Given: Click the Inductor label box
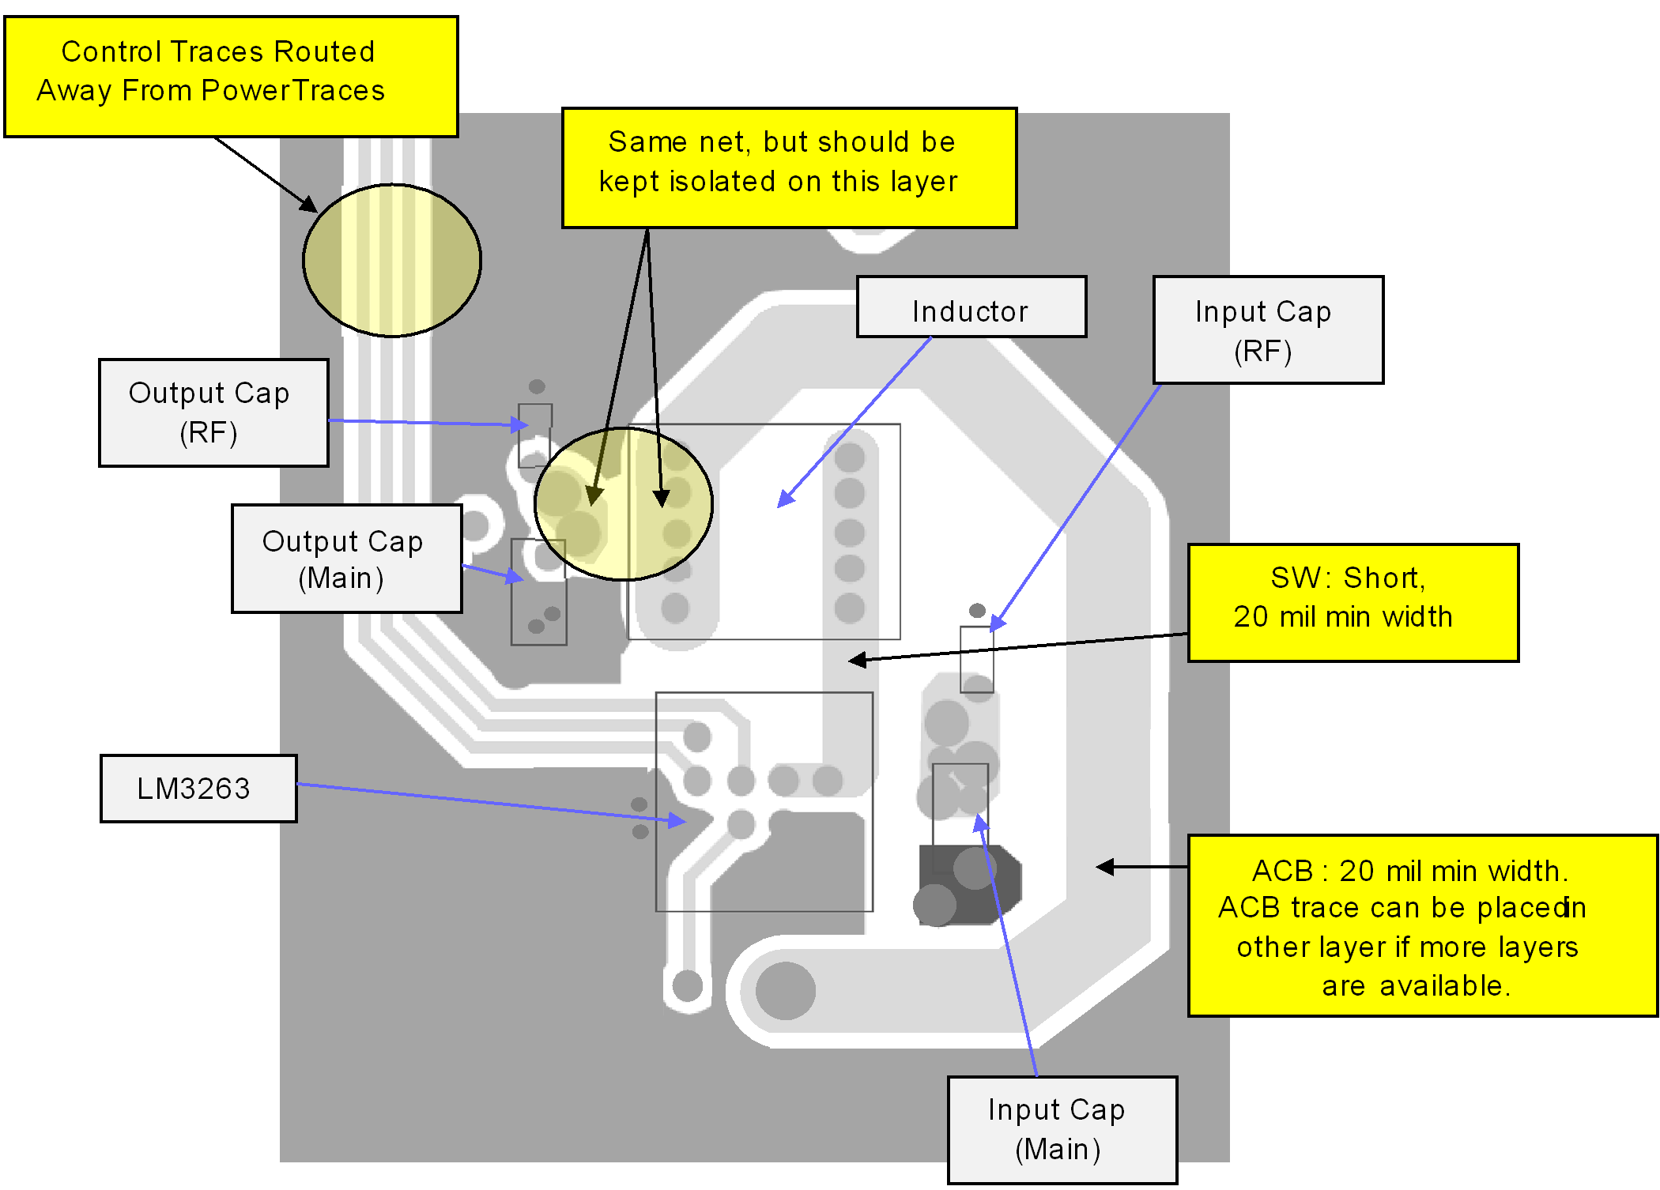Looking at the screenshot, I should coord(971,307).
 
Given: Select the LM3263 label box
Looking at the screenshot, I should coord(198,789).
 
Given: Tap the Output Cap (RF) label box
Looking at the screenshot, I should coord(213,412).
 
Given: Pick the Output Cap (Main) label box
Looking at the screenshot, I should coord(346,559).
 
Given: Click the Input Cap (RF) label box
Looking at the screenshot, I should coord(1268,330).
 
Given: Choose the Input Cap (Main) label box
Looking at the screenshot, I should coord(1062,1129).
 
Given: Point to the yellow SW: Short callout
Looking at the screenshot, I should coord(1353,602).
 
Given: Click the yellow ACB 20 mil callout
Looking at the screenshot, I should coord(1422,925).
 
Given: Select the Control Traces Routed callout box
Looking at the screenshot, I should coord(231,77).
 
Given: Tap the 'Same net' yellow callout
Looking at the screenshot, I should coord(789,168).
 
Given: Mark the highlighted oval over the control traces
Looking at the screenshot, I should coord(392,260).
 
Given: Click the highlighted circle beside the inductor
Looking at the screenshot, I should coord(624,504).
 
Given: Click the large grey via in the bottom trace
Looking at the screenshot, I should coord(785,991).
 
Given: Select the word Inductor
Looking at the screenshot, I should coord(970,311).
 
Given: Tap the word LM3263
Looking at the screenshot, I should coord(194,789).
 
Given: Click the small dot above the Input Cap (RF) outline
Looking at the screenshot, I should coord(977,610).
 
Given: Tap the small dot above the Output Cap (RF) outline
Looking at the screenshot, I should coord(537,386).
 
